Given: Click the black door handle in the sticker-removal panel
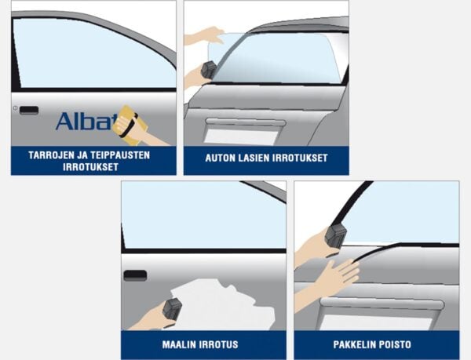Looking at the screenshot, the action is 29,111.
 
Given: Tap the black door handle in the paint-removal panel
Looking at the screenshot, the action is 135,275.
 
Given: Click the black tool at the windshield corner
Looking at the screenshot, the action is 209,69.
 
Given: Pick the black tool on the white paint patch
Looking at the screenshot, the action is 172,309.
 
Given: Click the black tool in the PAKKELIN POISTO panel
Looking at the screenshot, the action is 336,236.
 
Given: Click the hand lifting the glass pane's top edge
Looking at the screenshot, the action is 204,36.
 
